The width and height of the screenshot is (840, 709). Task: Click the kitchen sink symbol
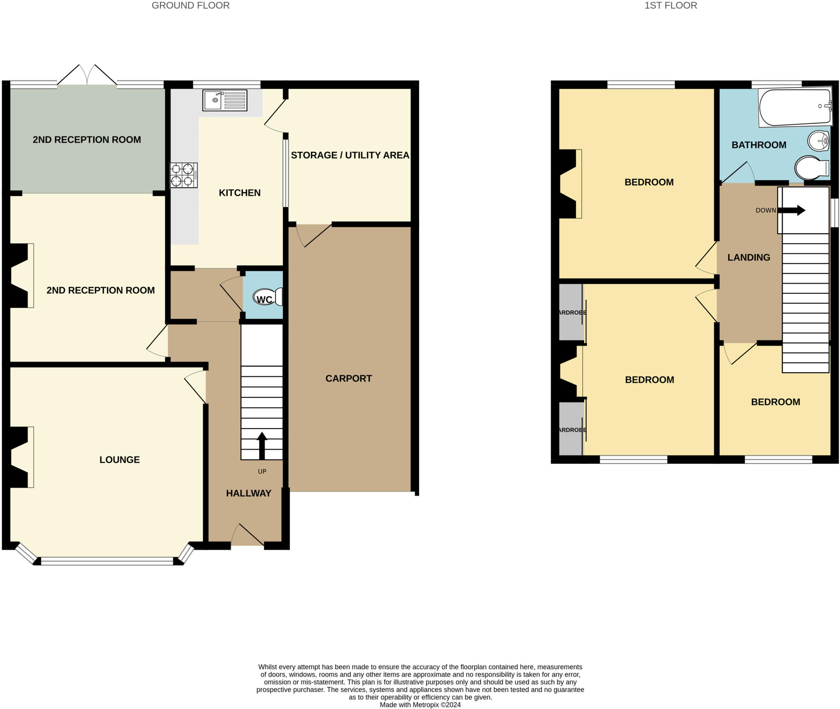[x=225, y=101]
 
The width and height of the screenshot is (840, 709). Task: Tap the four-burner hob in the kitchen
[x=183, y=175]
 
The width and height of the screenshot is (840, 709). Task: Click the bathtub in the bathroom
[x=795, y=108]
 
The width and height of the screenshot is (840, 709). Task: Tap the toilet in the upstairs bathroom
[x=812, y=167]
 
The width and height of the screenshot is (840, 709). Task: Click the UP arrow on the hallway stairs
[x=262, y=445]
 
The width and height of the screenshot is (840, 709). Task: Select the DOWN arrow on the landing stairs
[x=791, y=211]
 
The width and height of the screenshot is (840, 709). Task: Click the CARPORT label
[x=349, y=379]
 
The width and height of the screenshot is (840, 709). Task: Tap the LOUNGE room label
[x=120, y=460]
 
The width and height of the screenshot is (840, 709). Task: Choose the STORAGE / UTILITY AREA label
[x=350, y=155]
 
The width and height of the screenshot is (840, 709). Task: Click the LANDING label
[x=749, y=257]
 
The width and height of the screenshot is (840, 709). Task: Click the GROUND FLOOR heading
[x=191, y=5]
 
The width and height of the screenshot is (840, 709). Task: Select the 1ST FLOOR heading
[x=671, y=5]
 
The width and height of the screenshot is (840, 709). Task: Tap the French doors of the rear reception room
[x=87, y=76]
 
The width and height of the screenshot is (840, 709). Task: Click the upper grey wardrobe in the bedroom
[x=571, y=312]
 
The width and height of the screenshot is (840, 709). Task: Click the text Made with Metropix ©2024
[x=420, y=705]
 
